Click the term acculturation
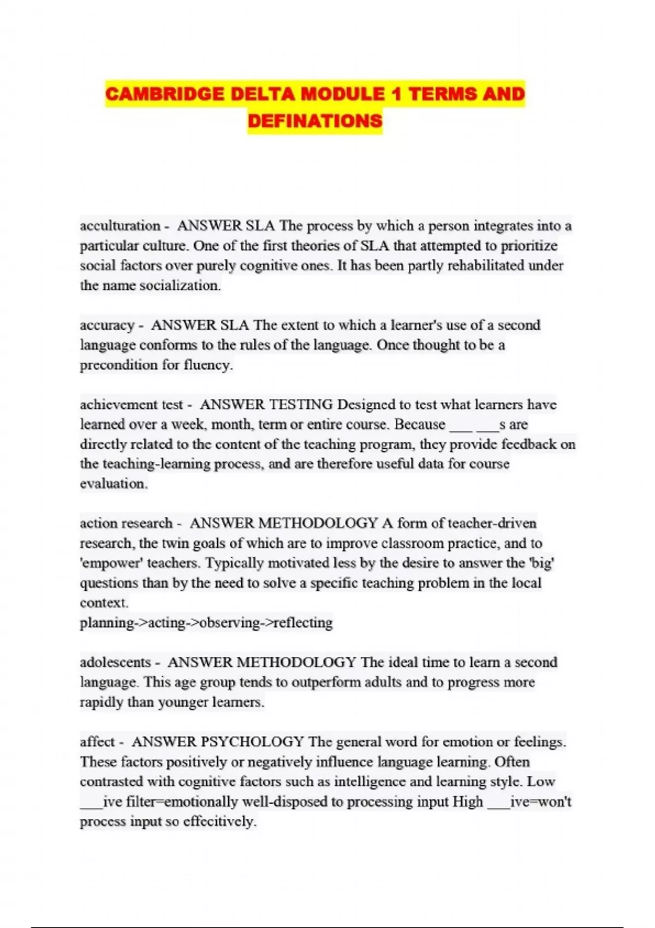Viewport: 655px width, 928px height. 120,225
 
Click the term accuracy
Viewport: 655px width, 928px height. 107,325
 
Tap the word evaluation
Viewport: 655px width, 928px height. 113,484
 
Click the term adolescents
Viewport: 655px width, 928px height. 115,662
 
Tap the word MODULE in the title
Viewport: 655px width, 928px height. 343,94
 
